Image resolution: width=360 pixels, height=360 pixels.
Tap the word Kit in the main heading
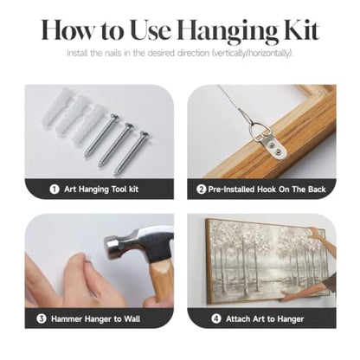click(302, 29)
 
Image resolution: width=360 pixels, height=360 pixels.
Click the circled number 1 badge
click(55, 190)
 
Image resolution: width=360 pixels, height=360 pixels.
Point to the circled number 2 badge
click(202, 190)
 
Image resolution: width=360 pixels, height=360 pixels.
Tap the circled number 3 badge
click(42, 318)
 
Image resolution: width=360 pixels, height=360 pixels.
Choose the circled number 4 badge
click(216, 318)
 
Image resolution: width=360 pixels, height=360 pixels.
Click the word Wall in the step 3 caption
click(132, 319)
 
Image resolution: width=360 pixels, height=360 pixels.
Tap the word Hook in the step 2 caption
click(267, 190)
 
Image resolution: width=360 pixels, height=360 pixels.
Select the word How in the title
click(67, 30)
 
